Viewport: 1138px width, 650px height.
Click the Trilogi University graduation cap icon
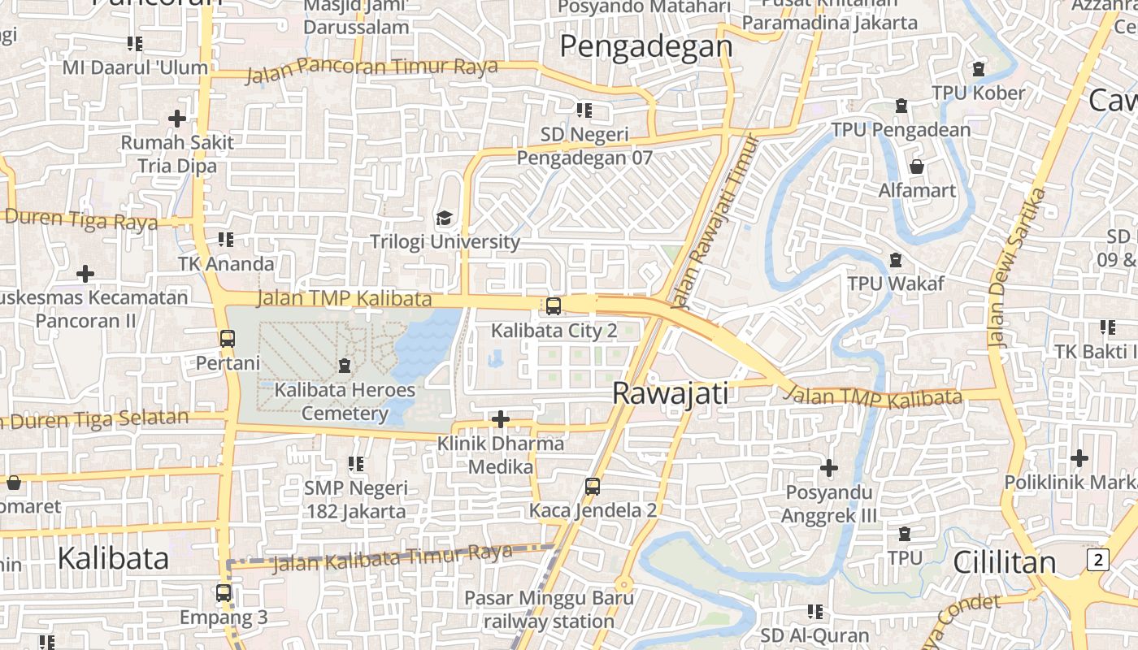(x=444, y=218)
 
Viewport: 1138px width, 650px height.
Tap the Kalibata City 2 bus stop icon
(x=554, y=306)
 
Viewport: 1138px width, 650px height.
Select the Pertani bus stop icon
(x=228, y=338)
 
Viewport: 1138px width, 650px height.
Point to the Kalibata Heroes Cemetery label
(x=345, y=401)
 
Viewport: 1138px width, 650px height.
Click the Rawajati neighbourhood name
(x=670, y=393)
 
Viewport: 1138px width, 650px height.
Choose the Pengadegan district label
(x=646, y=46)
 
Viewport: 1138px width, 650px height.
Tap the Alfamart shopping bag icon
(x=917, y=167)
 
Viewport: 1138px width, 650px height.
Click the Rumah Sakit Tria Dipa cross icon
(x=177, y=119)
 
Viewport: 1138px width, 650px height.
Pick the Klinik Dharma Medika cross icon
(x=501, y=419)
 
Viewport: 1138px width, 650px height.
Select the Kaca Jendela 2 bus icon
(x=593, y=487)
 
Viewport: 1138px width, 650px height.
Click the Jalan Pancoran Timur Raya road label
(x=371, y=68)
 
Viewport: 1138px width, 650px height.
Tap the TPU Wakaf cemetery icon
(x=896, y=260)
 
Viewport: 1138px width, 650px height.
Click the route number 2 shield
(x=1098, y=559)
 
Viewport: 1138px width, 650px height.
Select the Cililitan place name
(x=1004, y=562)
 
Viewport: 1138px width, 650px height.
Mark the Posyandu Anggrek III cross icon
(x=829, y=468)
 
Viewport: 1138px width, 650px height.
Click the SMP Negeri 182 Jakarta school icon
(x=356, y=464)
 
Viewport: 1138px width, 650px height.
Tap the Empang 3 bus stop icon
(x=224, y=593)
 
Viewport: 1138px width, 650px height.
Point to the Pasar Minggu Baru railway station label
(x=550, y=610)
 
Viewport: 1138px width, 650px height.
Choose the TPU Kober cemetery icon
(x=979, y=69)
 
